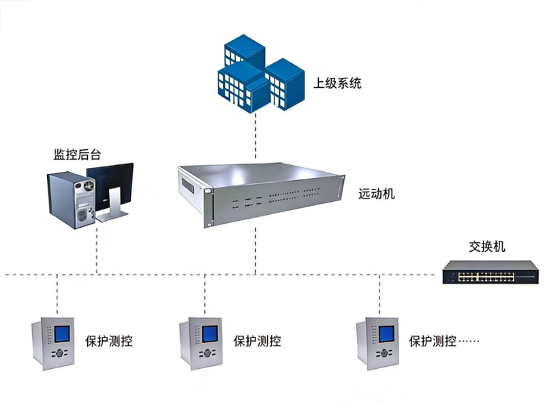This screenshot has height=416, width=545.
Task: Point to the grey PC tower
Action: tap(69, 198)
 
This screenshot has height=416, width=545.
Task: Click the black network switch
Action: tap(483, 273)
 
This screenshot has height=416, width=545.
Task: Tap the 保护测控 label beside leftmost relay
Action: tap(108, 341)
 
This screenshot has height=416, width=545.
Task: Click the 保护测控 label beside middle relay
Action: tap(257, 341)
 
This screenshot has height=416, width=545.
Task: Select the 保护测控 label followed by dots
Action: tap(432, 341)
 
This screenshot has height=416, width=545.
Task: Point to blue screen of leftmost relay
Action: tap(62, 335)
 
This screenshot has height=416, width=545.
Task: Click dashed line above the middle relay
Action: tap(204, 293)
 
